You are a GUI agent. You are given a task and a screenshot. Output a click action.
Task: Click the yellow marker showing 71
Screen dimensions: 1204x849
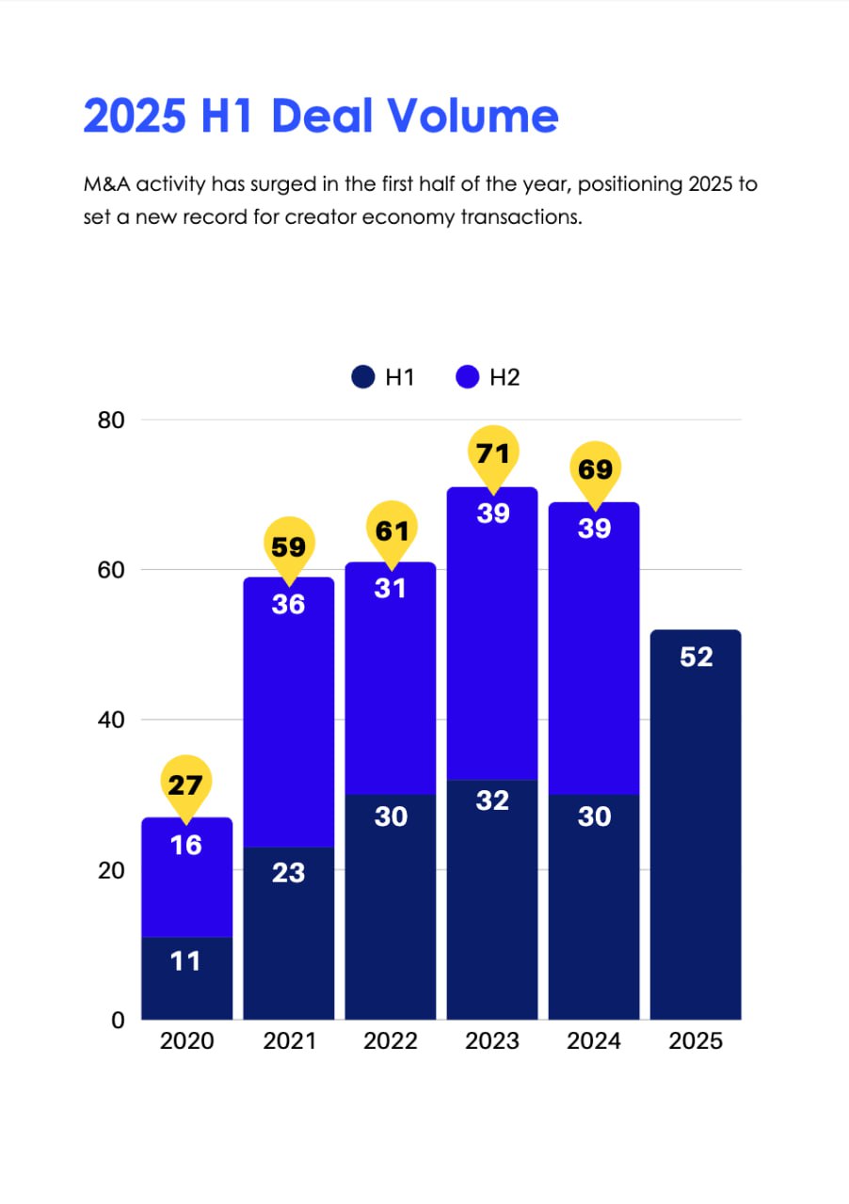tap(492, 455)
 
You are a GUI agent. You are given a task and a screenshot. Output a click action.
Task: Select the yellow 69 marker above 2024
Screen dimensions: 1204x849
tap(595, 469)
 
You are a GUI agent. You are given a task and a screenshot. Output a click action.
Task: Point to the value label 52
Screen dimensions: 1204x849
tap(696, 657)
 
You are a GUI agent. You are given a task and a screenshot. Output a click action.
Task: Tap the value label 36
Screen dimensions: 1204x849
tap(288, 605)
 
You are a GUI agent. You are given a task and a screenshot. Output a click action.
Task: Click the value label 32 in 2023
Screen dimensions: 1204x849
tap(492, 801)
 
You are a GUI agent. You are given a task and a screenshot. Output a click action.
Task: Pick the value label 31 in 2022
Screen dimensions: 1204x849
tap(391, 589)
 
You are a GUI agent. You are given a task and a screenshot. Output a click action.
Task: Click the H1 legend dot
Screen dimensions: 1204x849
tap(363, 378)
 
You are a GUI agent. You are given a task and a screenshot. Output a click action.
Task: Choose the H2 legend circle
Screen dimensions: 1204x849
tap(468, 378)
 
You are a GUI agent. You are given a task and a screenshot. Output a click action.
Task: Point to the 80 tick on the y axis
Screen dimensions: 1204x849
tap(111, 420)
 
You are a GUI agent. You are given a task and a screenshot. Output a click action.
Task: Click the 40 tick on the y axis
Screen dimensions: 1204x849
tap(111, 720)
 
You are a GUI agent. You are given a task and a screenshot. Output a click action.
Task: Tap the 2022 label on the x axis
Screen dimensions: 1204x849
tap(391, 1041)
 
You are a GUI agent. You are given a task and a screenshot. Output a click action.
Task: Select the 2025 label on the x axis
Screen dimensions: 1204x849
tap(696, 1041)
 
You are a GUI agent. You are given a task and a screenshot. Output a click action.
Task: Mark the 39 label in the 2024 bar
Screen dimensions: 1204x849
tap(595, 529)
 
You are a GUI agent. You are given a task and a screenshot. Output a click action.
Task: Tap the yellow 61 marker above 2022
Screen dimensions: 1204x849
tap(391, 531)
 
